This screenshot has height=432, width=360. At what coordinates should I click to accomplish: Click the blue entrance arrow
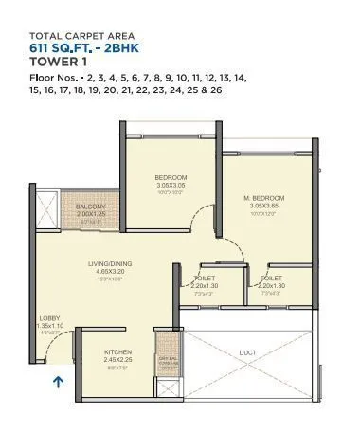click(x=57, y=383)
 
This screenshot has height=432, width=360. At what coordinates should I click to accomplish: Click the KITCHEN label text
click(x=118, y=351)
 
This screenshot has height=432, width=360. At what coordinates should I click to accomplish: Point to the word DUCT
click(x=247, y=351)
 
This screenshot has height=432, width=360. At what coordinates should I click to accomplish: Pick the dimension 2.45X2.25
click(x=118, y=358)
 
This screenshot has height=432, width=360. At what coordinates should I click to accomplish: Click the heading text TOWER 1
click(x=57, y=61)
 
